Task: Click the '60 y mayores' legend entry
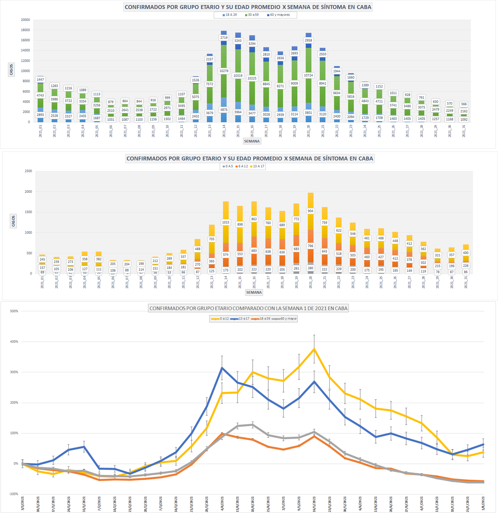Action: pyautogui.click(x=278, y=15)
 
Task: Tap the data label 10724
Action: pyautogui.click(x=308, y=75)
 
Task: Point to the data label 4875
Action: pyautogui.click(x=224, y=109)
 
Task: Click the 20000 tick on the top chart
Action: pyautogui.click(x=25, y=20)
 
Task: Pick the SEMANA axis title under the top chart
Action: pyautogui.click(x=252, y=141)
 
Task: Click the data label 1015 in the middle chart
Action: pyautogui.click(x=226, y=222)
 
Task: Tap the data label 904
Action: pyautogui.click(x=311, y=211)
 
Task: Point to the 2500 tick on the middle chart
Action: pyautogui.click(x=28, y=171)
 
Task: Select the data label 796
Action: pyautogui.click(x=311, y=245)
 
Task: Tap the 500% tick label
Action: pyautogui.click(x=14, y=311)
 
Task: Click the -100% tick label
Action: pyautogui.click(x=13, y=494)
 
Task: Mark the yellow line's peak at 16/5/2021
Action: pyautogui.click(x=314, y=349)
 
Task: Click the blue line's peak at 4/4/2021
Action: pyautogui.click(x=222, y=367)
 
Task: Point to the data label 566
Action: pyautogui.click(x=464, y=104)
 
